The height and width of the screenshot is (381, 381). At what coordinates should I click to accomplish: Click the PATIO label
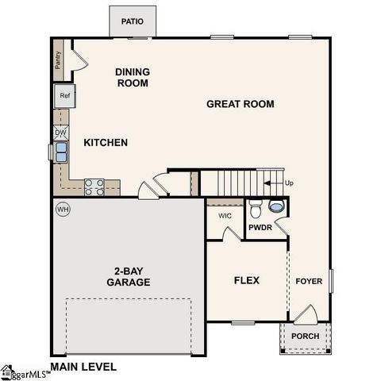pos(133,21)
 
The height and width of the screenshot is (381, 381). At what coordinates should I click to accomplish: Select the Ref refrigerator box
pos(65,97)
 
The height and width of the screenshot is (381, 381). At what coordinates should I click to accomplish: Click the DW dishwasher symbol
pos(71,133)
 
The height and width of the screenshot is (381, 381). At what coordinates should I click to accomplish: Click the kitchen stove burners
pos(94,187)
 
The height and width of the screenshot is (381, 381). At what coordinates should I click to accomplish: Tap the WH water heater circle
pos(63,209)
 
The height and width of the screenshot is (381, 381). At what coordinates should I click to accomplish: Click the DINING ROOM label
pos(133,77)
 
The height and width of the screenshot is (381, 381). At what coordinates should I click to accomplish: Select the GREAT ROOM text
pos(241,104)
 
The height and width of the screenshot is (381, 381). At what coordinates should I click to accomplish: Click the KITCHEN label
pos(106,143)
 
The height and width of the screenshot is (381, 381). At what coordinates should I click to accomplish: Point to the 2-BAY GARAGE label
pos(128,276)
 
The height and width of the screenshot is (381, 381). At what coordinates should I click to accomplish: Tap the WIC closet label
pos(225,214)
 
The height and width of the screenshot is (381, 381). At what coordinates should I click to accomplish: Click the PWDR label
pos(260,228)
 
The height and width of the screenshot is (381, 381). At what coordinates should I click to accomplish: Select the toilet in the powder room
pos(255,210)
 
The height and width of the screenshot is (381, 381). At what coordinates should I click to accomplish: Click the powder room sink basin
pos(275,206)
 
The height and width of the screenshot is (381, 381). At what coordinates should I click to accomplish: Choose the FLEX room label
pos(246,280)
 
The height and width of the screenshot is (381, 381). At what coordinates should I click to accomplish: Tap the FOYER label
pos(309,281)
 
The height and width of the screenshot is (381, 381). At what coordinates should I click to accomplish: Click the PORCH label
pos(306,336)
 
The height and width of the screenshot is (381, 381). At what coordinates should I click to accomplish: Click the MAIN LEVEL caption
pos(83,367)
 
